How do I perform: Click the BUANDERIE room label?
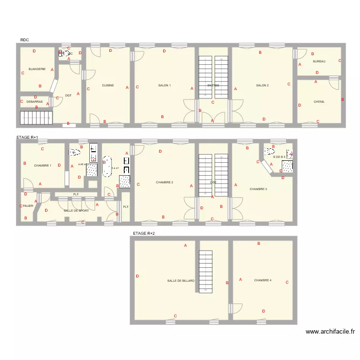coord(37,69)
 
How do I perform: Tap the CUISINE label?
coord(108,85)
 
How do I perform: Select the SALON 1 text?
coord(165,85)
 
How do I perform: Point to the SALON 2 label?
coord(262,85)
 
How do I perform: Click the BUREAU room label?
coord(319,61)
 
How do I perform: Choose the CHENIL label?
coord(319,102)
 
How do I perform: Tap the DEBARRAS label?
coord(35,102)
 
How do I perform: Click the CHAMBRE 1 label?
coord(43,166)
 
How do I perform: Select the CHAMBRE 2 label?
coord(165,182)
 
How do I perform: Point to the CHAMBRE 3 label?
coord(258,189)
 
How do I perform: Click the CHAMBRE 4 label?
coord(263,280)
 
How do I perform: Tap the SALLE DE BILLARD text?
coord(181,281)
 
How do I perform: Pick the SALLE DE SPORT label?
coord(76,211)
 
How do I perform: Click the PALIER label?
coord(28,206)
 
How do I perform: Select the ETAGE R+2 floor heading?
coord(144,233)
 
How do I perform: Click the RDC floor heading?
coord(24,40)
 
